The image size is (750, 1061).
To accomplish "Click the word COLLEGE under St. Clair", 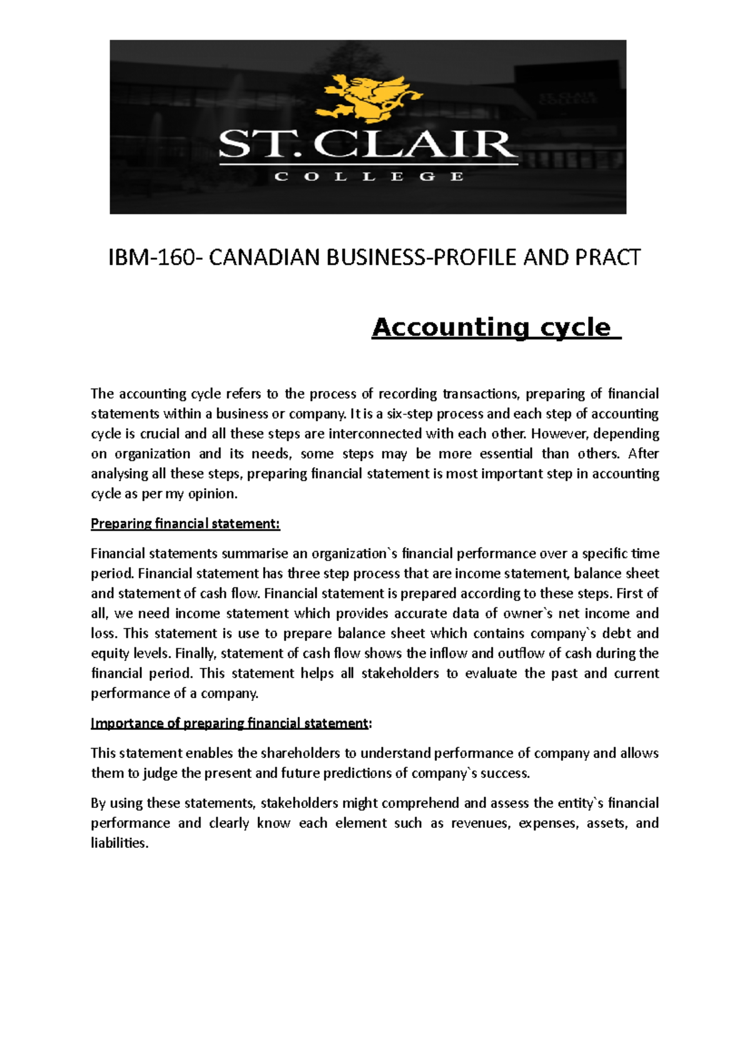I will coord(369,177).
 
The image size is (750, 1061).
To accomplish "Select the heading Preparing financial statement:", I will coord(185,524).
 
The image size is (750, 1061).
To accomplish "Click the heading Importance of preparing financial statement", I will coord(229,724).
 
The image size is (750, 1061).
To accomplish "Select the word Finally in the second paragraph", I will coord(195,654).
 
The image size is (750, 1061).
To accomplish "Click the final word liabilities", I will coord(119,844).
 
